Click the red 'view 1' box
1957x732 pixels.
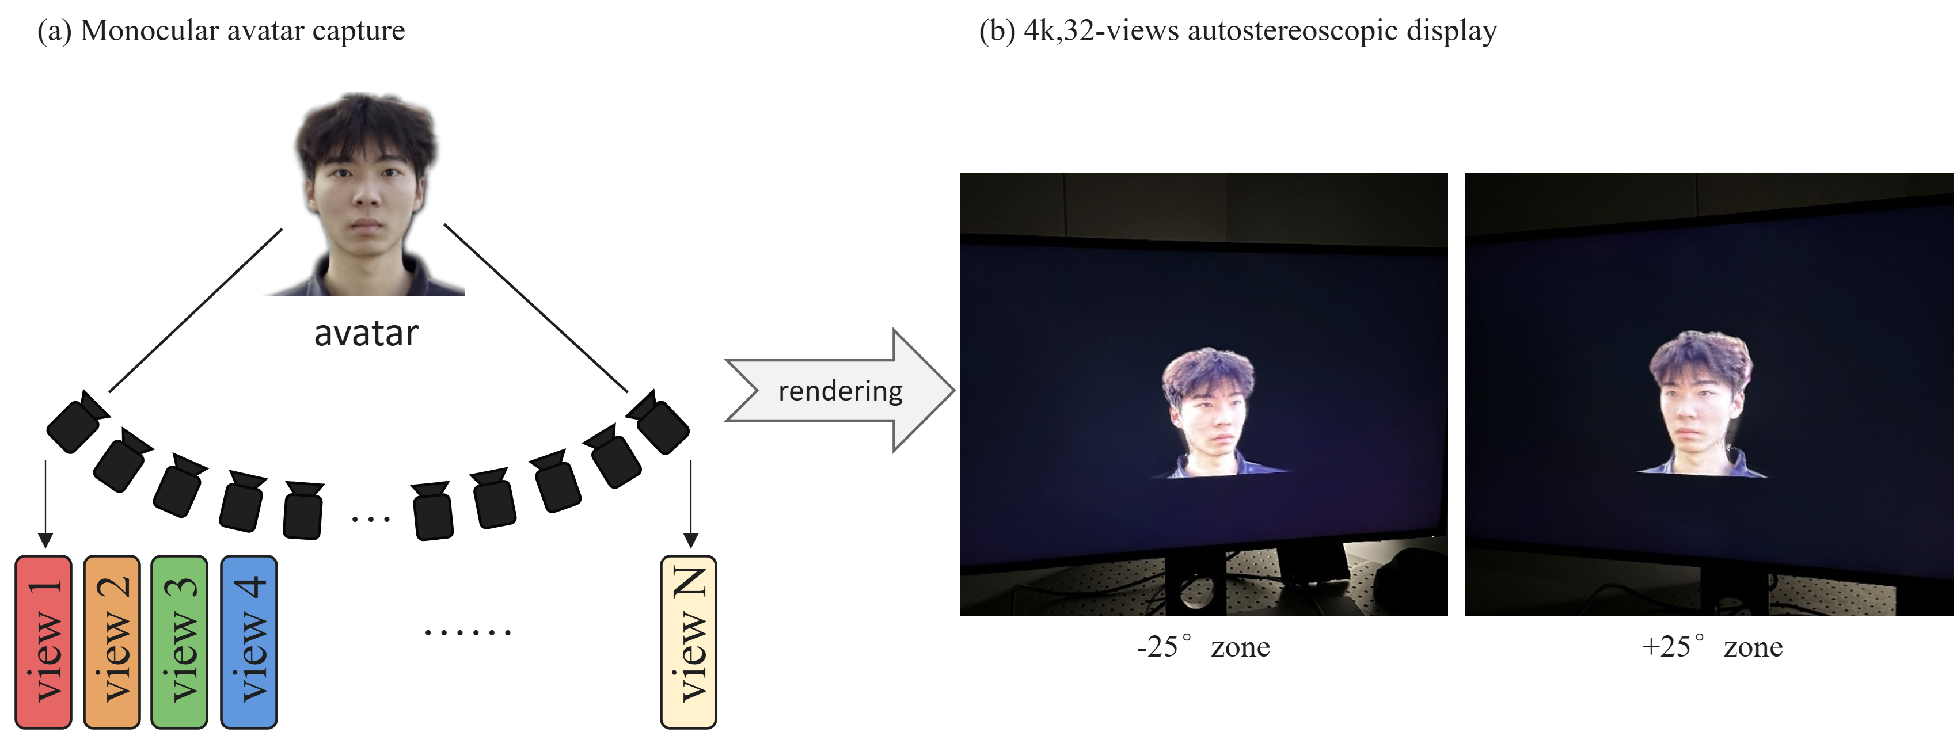coord(43,642)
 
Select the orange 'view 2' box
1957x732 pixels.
coord(112,642)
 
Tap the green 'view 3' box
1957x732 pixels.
coord(179,642)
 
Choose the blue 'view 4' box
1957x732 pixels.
coord(248,642)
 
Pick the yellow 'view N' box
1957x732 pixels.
coord(688,642)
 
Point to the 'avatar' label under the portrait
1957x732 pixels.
coord(366,333)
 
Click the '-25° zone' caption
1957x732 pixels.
coord(1203,647)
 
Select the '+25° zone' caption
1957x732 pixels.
coord(1712,647)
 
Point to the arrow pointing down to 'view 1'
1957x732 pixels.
coord(45,504)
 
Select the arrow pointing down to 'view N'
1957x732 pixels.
coord(690,504)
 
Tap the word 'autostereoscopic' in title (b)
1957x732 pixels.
coord(1292,30)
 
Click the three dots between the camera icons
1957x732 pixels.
coord(371,520)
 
